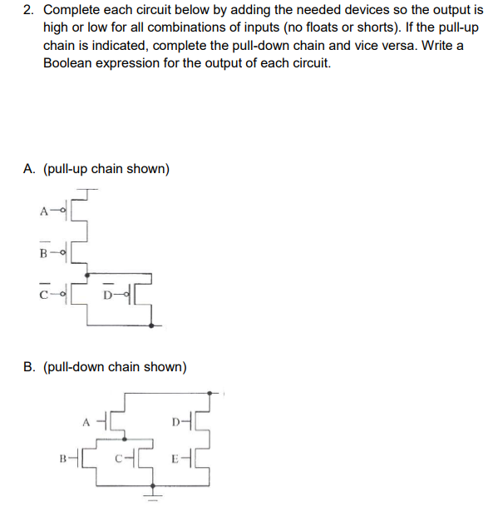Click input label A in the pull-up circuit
[x=42, y=211]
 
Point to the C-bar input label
[x=42, y=292]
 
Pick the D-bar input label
[x=109, y=293]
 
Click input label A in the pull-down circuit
[x=86, y=420]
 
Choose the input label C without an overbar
[x=118, y=457]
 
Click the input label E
[x=174, y=457]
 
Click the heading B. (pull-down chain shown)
[x=105, y=366]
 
